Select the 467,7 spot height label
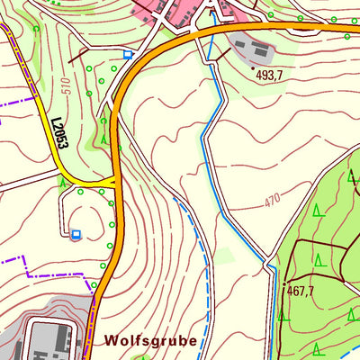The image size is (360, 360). click(301, 291)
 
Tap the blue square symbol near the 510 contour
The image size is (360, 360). click(128, 54)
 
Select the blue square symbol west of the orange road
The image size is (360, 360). click(76, 234)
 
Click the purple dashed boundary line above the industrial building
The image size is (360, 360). click(45, 273)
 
